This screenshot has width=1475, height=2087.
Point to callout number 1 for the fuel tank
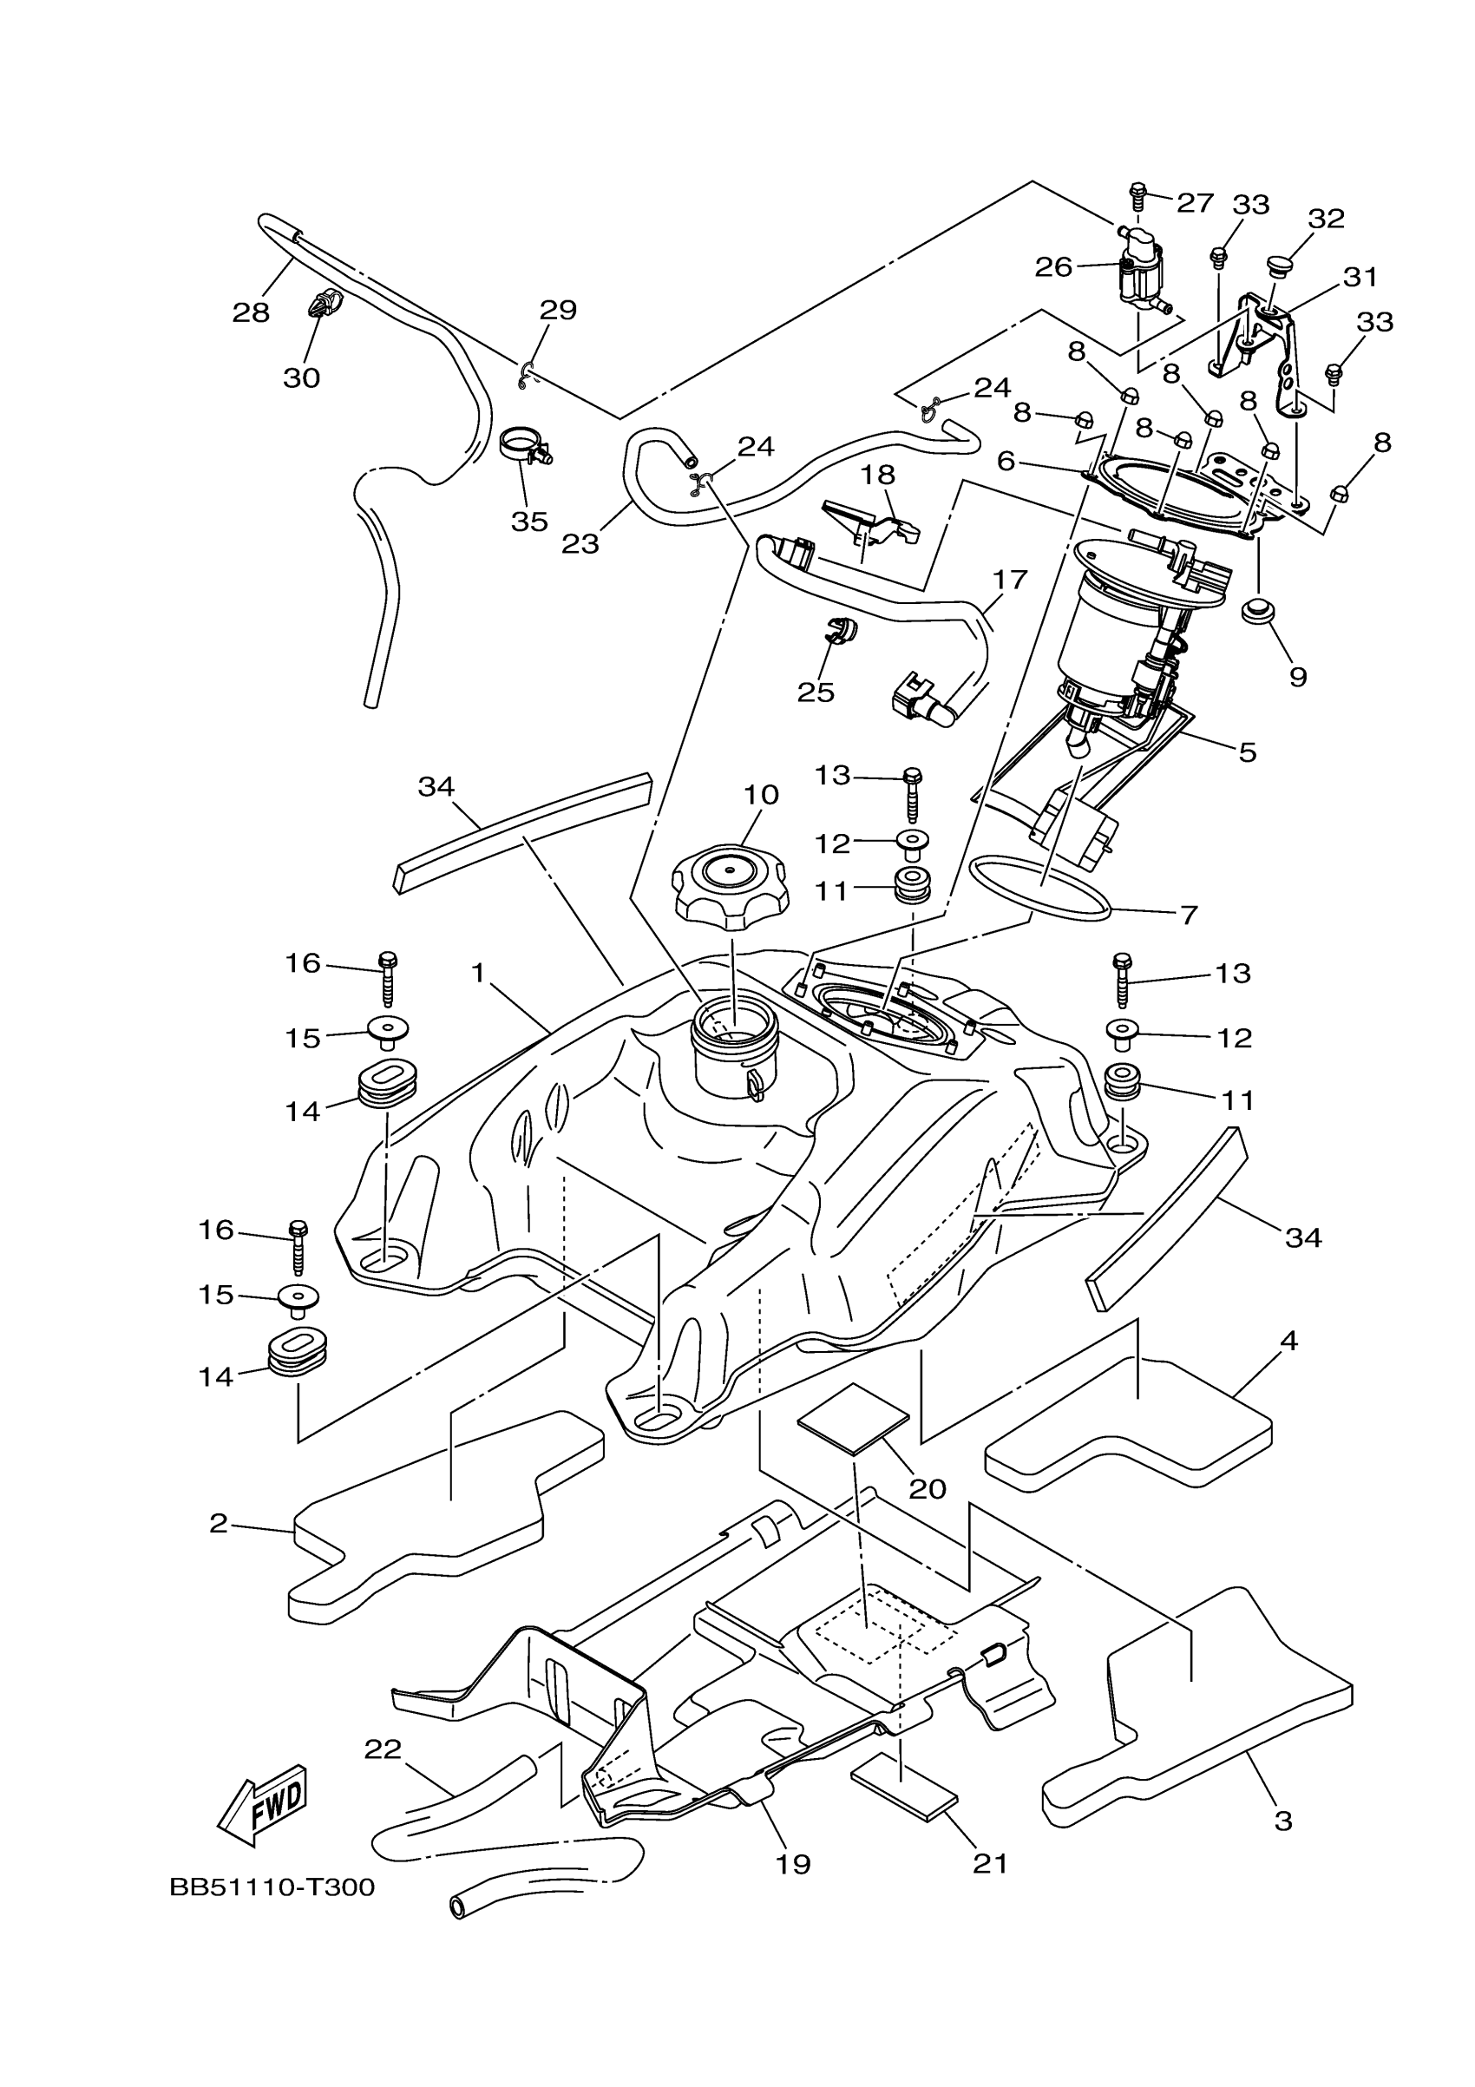[x=478, y=973]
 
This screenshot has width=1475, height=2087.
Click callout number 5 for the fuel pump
[x=1247, y=751]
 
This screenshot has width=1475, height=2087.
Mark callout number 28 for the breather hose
[x=251, y=312]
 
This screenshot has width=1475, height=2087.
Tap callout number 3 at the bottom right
[x=1283, y=1821]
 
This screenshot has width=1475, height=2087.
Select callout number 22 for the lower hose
[x=383, y=1749]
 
